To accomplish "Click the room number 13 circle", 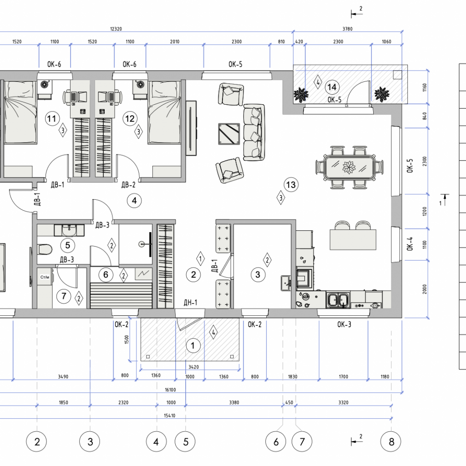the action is point(291,185).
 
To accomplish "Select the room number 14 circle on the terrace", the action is point(332,87).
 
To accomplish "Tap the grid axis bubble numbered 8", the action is point(391,441).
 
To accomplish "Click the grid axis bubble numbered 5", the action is point(186,441).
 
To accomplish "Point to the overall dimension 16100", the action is point(170,390).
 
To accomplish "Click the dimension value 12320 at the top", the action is point(116,29).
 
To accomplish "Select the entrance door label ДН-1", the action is point(190,303).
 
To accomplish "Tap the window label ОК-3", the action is point(344,324).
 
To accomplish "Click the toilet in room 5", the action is point(45,249).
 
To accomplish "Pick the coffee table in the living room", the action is point(229,134).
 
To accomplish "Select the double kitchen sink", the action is point(338,299).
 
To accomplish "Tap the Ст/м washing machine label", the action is point(45,277).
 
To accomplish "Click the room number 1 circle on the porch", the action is point(192,345).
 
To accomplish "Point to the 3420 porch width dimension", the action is point(193,367).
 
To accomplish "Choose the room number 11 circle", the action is point(52,119).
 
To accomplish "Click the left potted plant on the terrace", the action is point(301,95).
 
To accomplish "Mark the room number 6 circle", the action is point(106,274).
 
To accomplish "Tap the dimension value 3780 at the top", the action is point(347,29).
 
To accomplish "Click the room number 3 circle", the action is point(258,274).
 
